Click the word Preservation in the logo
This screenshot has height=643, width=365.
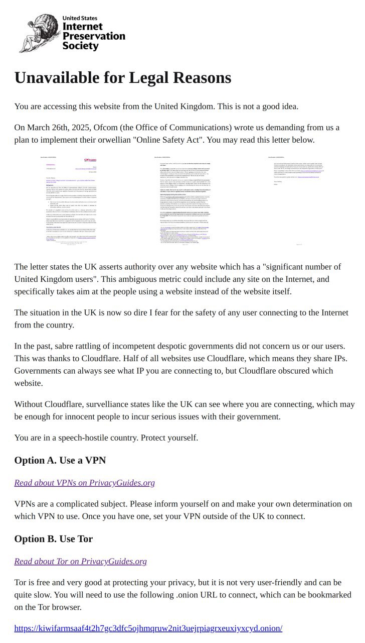93,36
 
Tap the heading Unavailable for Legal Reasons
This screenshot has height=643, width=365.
122,78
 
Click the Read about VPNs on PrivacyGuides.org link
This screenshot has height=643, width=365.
84,483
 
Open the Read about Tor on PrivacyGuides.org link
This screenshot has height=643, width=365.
80,561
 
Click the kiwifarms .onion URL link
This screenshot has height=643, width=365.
148,628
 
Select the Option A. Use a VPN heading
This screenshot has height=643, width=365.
60,461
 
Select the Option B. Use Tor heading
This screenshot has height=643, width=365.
53,539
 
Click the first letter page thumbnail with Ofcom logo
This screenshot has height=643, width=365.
68,201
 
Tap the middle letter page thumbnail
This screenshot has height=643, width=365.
182,201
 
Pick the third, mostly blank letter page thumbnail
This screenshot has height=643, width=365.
296,201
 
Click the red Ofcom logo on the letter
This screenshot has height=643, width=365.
90,160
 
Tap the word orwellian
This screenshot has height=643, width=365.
106,140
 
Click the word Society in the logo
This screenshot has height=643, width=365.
80,46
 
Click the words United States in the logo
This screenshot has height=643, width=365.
80,18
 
